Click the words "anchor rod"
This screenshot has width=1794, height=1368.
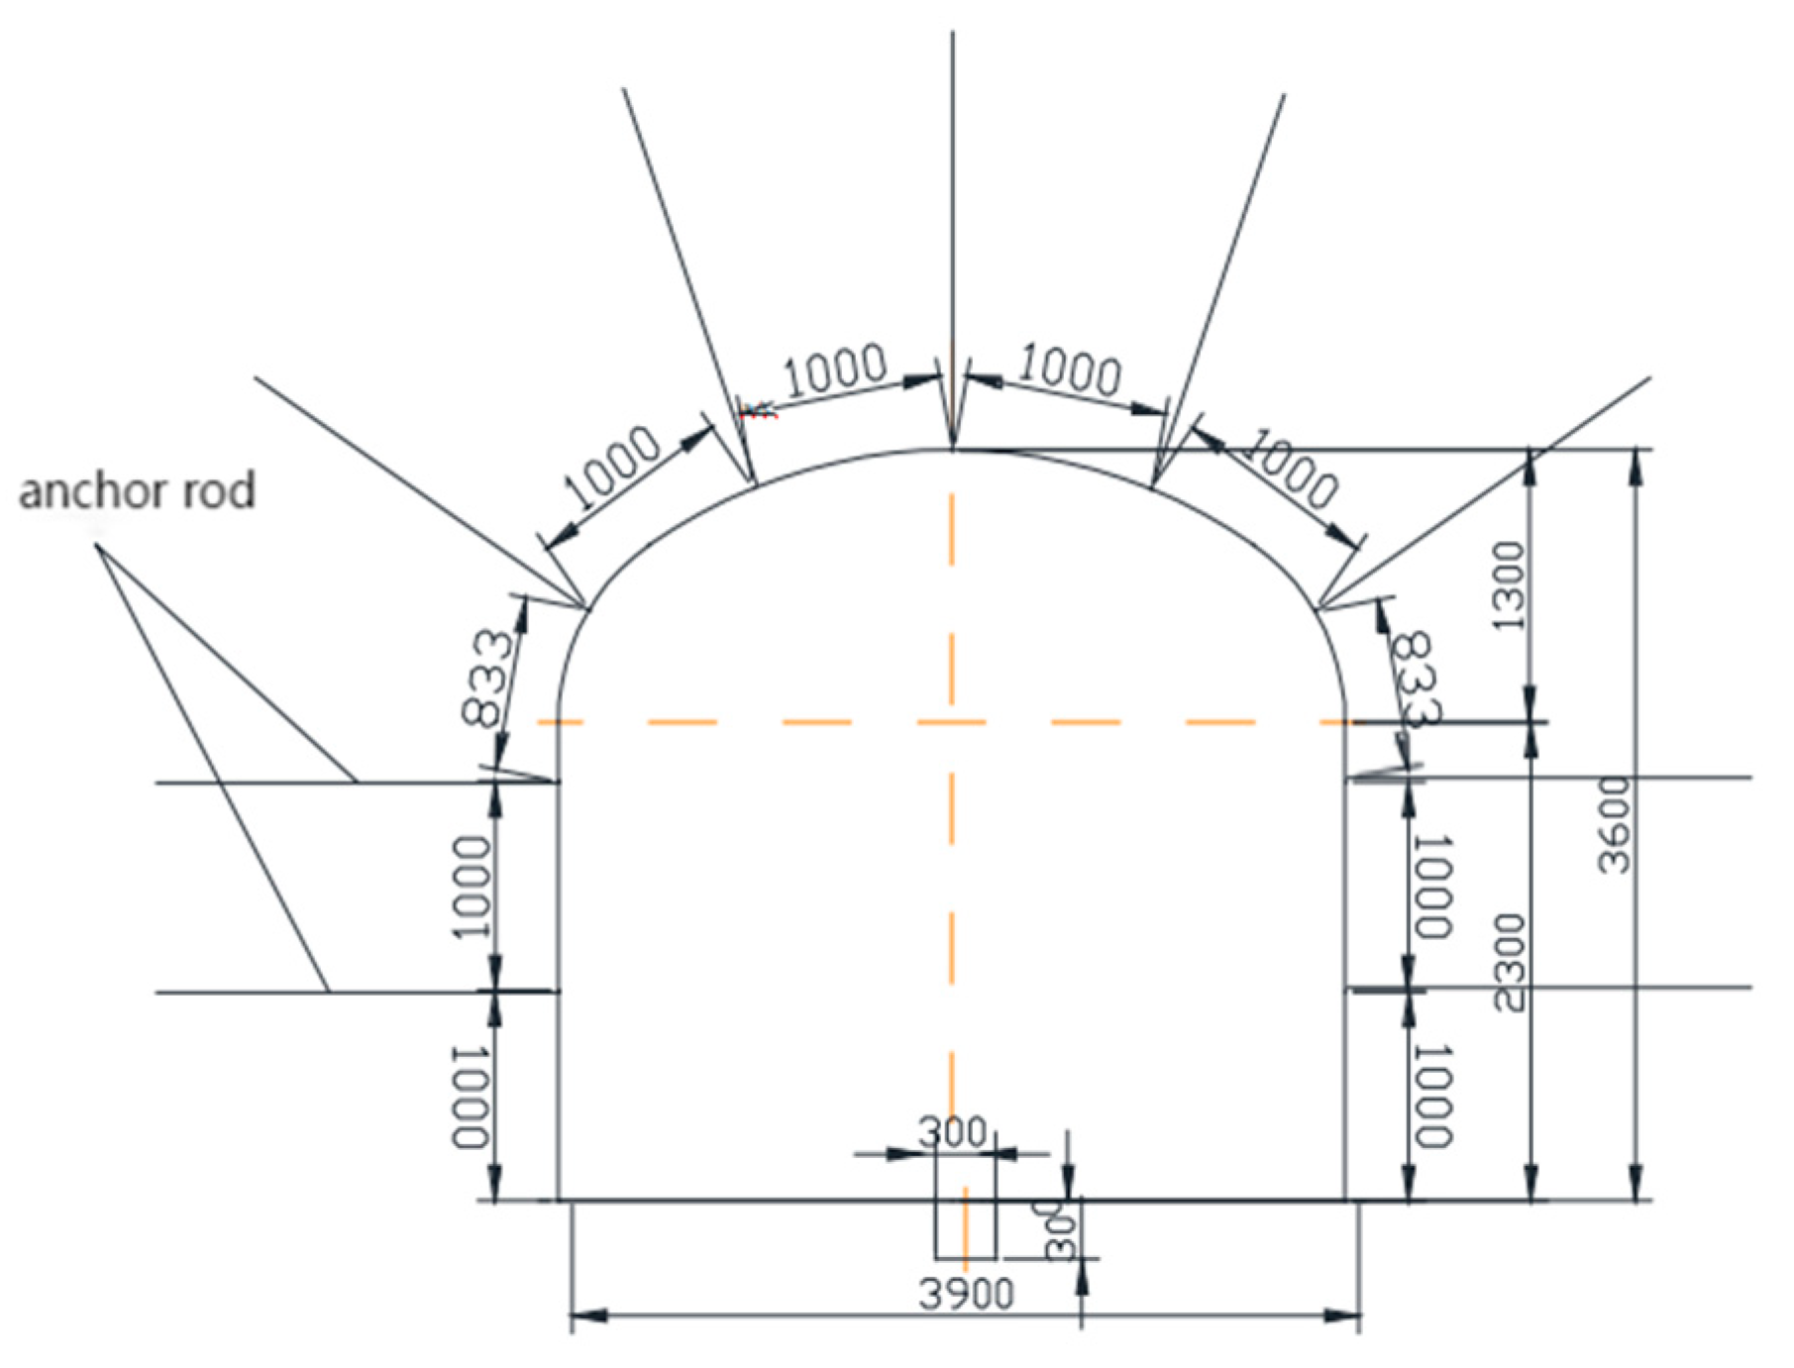(x=137, y=491)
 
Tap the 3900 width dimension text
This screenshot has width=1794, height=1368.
(x=967, y=1294)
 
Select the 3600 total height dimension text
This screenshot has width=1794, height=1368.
(x=1614, y=826)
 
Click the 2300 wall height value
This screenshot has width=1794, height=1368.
(x=1508, y=963)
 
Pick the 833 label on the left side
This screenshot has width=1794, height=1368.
(x=489, y=678)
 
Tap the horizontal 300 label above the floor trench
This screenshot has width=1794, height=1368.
(x=952, y=1131)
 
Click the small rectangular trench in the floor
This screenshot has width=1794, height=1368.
(x=965, y=1229)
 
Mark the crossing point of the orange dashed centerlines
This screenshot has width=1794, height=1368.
(x=952, y=722)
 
